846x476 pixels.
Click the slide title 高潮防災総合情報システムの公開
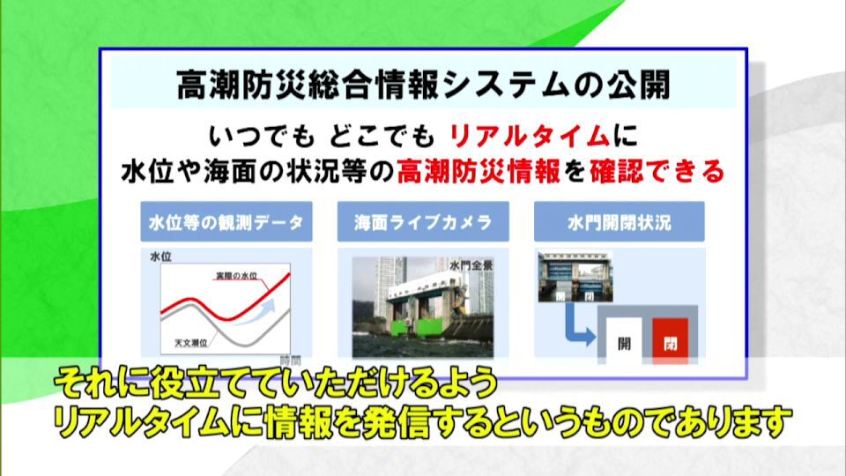point(424,85)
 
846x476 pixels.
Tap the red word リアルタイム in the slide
point(530,135)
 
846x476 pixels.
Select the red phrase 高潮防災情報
point(479,172)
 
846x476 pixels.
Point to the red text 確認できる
point(657,172)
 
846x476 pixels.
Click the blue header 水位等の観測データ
point(226,222)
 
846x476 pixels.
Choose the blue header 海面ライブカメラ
point(423,222)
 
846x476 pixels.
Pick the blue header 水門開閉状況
point(620,222)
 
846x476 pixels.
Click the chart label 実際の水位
point(236,276)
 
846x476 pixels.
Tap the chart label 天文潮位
point(191,342)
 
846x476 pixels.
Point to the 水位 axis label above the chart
point(160,257)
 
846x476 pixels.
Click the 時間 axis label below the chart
point(290,360)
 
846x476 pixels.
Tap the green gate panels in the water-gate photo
point(418,328)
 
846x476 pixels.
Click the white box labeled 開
point(624,342)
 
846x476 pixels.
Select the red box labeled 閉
point(670,342)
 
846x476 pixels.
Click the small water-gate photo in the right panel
point(575,276)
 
